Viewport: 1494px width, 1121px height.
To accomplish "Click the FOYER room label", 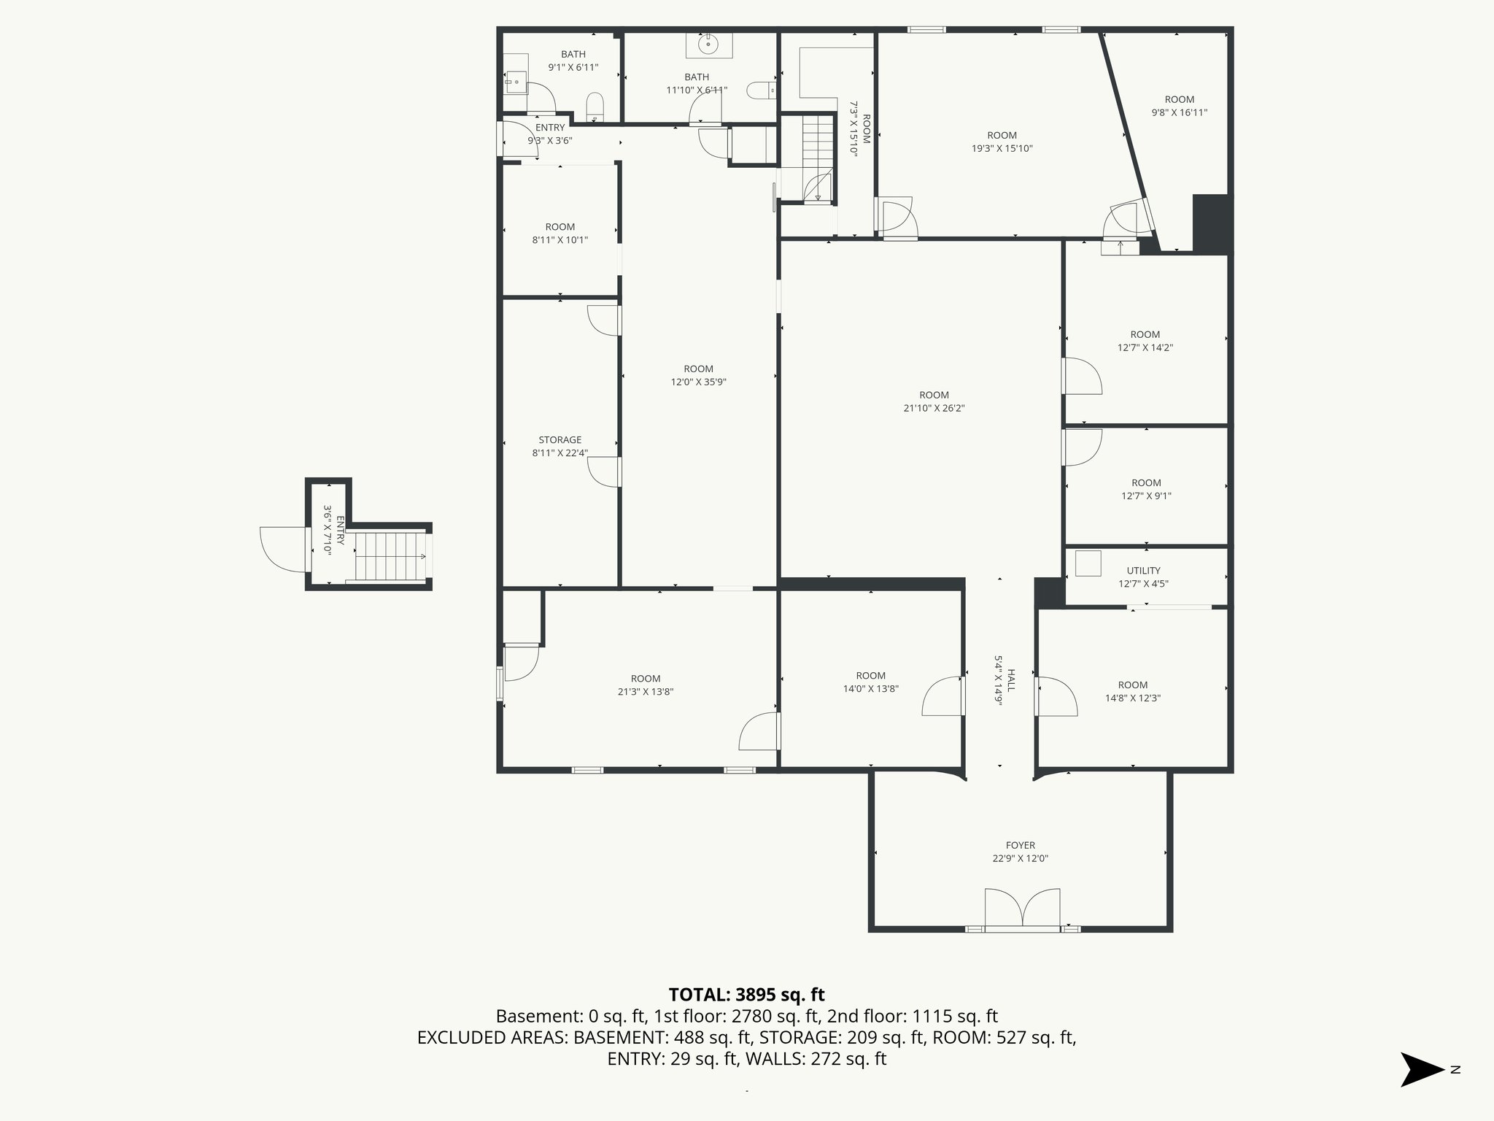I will pos(1020,845).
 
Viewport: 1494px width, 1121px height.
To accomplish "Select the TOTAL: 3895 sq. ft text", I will pos(746,995).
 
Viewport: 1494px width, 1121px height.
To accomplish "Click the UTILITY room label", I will pos(1143,571).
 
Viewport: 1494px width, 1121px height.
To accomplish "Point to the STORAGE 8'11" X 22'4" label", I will pos(560,446).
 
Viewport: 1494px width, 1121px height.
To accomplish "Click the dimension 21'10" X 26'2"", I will pos(934,409).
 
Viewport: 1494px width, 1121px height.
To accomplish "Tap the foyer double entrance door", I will pos(1023,909).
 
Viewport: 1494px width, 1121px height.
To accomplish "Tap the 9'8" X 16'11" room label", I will pos(1179,106).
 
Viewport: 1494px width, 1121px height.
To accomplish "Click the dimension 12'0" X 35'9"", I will pos(698,382).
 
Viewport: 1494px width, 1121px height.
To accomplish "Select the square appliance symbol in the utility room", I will pos(1088,563).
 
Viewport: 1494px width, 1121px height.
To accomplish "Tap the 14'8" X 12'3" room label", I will pos(1132,691).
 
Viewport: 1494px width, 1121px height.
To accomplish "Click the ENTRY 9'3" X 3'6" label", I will pos(550,134).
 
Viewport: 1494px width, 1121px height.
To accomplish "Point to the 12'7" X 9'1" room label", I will pos(1146,489).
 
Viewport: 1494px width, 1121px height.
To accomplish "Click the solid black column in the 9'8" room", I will pos(1210,223).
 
